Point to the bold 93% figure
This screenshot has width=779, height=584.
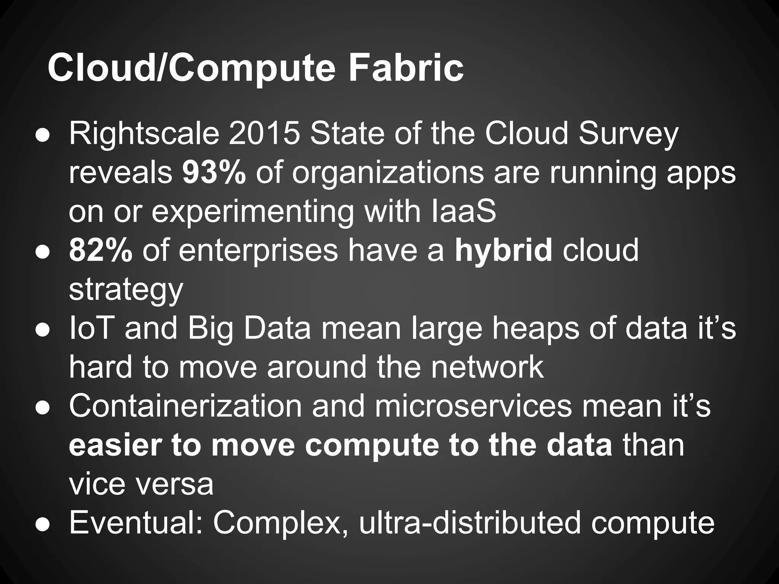214,173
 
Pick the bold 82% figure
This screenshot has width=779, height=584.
100,251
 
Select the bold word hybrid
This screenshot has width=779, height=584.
503,251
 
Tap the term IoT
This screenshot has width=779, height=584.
92,328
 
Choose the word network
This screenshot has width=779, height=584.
487,367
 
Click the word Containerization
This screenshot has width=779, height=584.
185,406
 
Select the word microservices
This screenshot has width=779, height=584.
473,406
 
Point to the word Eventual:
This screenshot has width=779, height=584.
135,523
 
